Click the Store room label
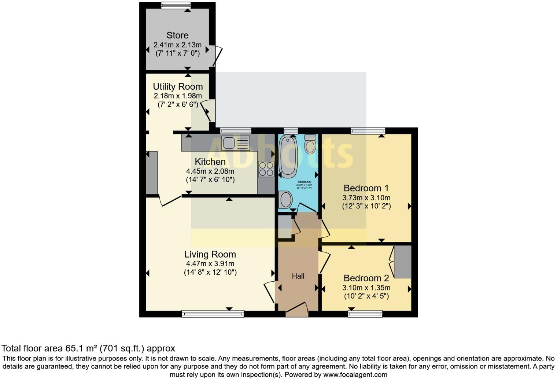[177, 35]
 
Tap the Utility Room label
[178, 86]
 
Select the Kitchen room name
[210, 162]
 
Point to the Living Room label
[210, 254]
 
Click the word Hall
[298, 276]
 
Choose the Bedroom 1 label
[366, 188]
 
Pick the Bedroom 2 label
[366, 278]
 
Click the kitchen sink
[236, 143]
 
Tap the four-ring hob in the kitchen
[266, 169]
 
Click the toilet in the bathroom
[310, 144]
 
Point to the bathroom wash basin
[285, 200]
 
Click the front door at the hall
[297, 310]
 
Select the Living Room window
[213, 314]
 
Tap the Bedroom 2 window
[365, 314]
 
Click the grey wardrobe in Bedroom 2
[403, 262]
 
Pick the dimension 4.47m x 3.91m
[210, 264]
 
